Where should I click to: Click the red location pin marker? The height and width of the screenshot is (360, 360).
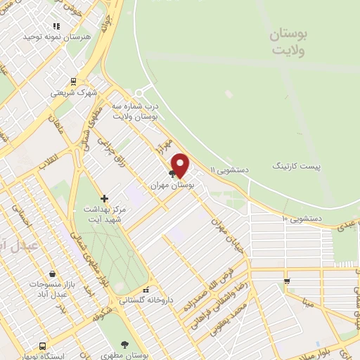click(181, 165)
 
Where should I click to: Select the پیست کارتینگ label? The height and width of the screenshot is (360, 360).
click(297, 167)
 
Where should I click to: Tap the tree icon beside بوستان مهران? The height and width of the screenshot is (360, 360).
click(172, 174)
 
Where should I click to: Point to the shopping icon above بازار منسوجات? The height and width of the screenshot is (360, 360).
click(52, 274)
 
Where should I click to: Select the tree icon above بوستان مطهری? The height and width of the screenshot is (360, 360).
click(125, 345)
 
